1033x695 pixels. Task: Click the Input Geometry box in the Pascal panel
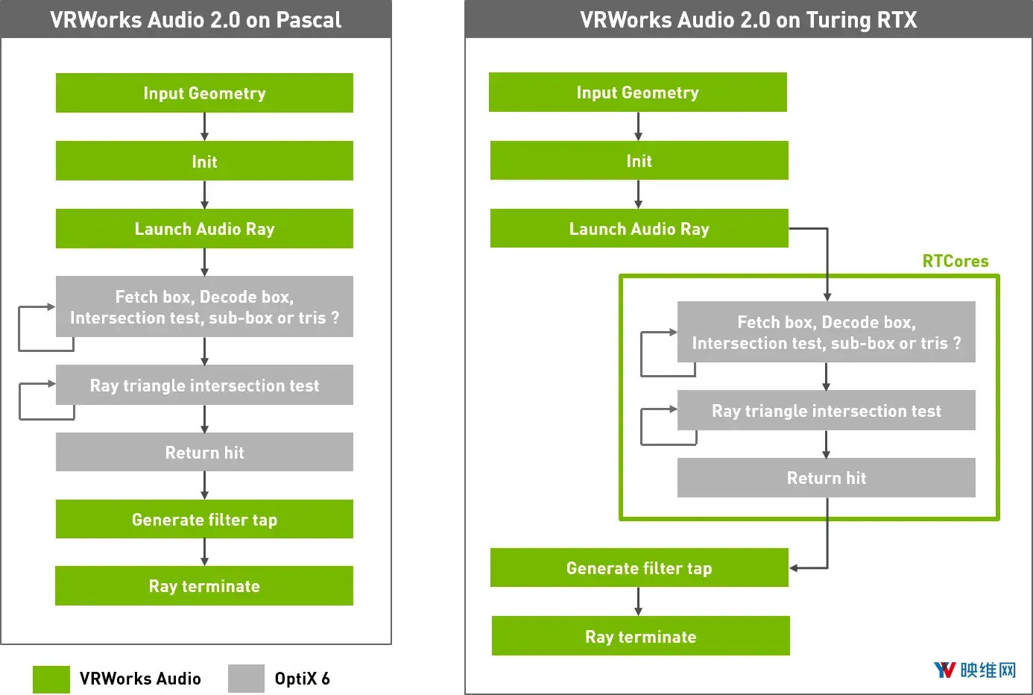pyautogui.click(x=204, y=92)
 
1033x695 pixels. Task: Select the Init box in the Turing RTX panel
pyautogui.click(x=639, y=160)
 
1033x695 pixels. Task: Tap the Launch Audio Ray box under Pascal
pyautogui.click(x=204, y=228)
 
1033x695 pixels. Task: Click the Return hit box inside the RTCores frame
pyautogui.click(x=827, y=478)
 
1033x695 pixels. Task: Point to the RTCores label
pyautogui.click(x=955, y=261)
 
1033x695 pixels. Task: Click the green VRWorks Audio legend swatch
pyautogui.click(x=51, y=679)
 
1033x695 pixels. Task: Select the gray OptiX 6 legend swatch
pyautogui.click(x=246, y=679)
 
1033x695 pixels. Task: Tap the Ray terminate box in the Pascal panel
pyautogui.click(x=204, y=585)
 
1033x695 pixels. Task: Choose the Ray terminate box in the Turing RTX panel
pyautogui.click(x=640, y=635)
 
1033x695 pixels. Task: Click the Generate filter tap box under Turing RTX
pyautogui.click(x=639, y=567)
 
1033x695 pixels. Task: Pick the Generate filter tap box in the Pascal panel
pyautogui.click(x=204, y=519)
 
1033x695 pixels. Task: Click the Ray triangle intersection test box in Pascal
pyautogui.click(x=204, y=385)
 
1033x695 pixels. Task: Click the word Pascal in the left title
pyautogui.click(x=309, y=20)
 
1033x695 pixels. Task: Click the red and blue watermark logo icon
pyautogui.click(x=944, y=670)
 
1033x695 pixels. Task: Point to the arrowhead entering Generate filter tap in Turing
pyautogui.click(x=793, y=568)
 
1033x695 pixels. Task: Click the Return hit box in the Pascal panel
pyautogui.click(x=204, y=452)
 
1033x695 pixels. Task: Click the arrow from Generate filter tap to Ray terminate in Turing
pyautogui.click(x=638, y=601)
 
